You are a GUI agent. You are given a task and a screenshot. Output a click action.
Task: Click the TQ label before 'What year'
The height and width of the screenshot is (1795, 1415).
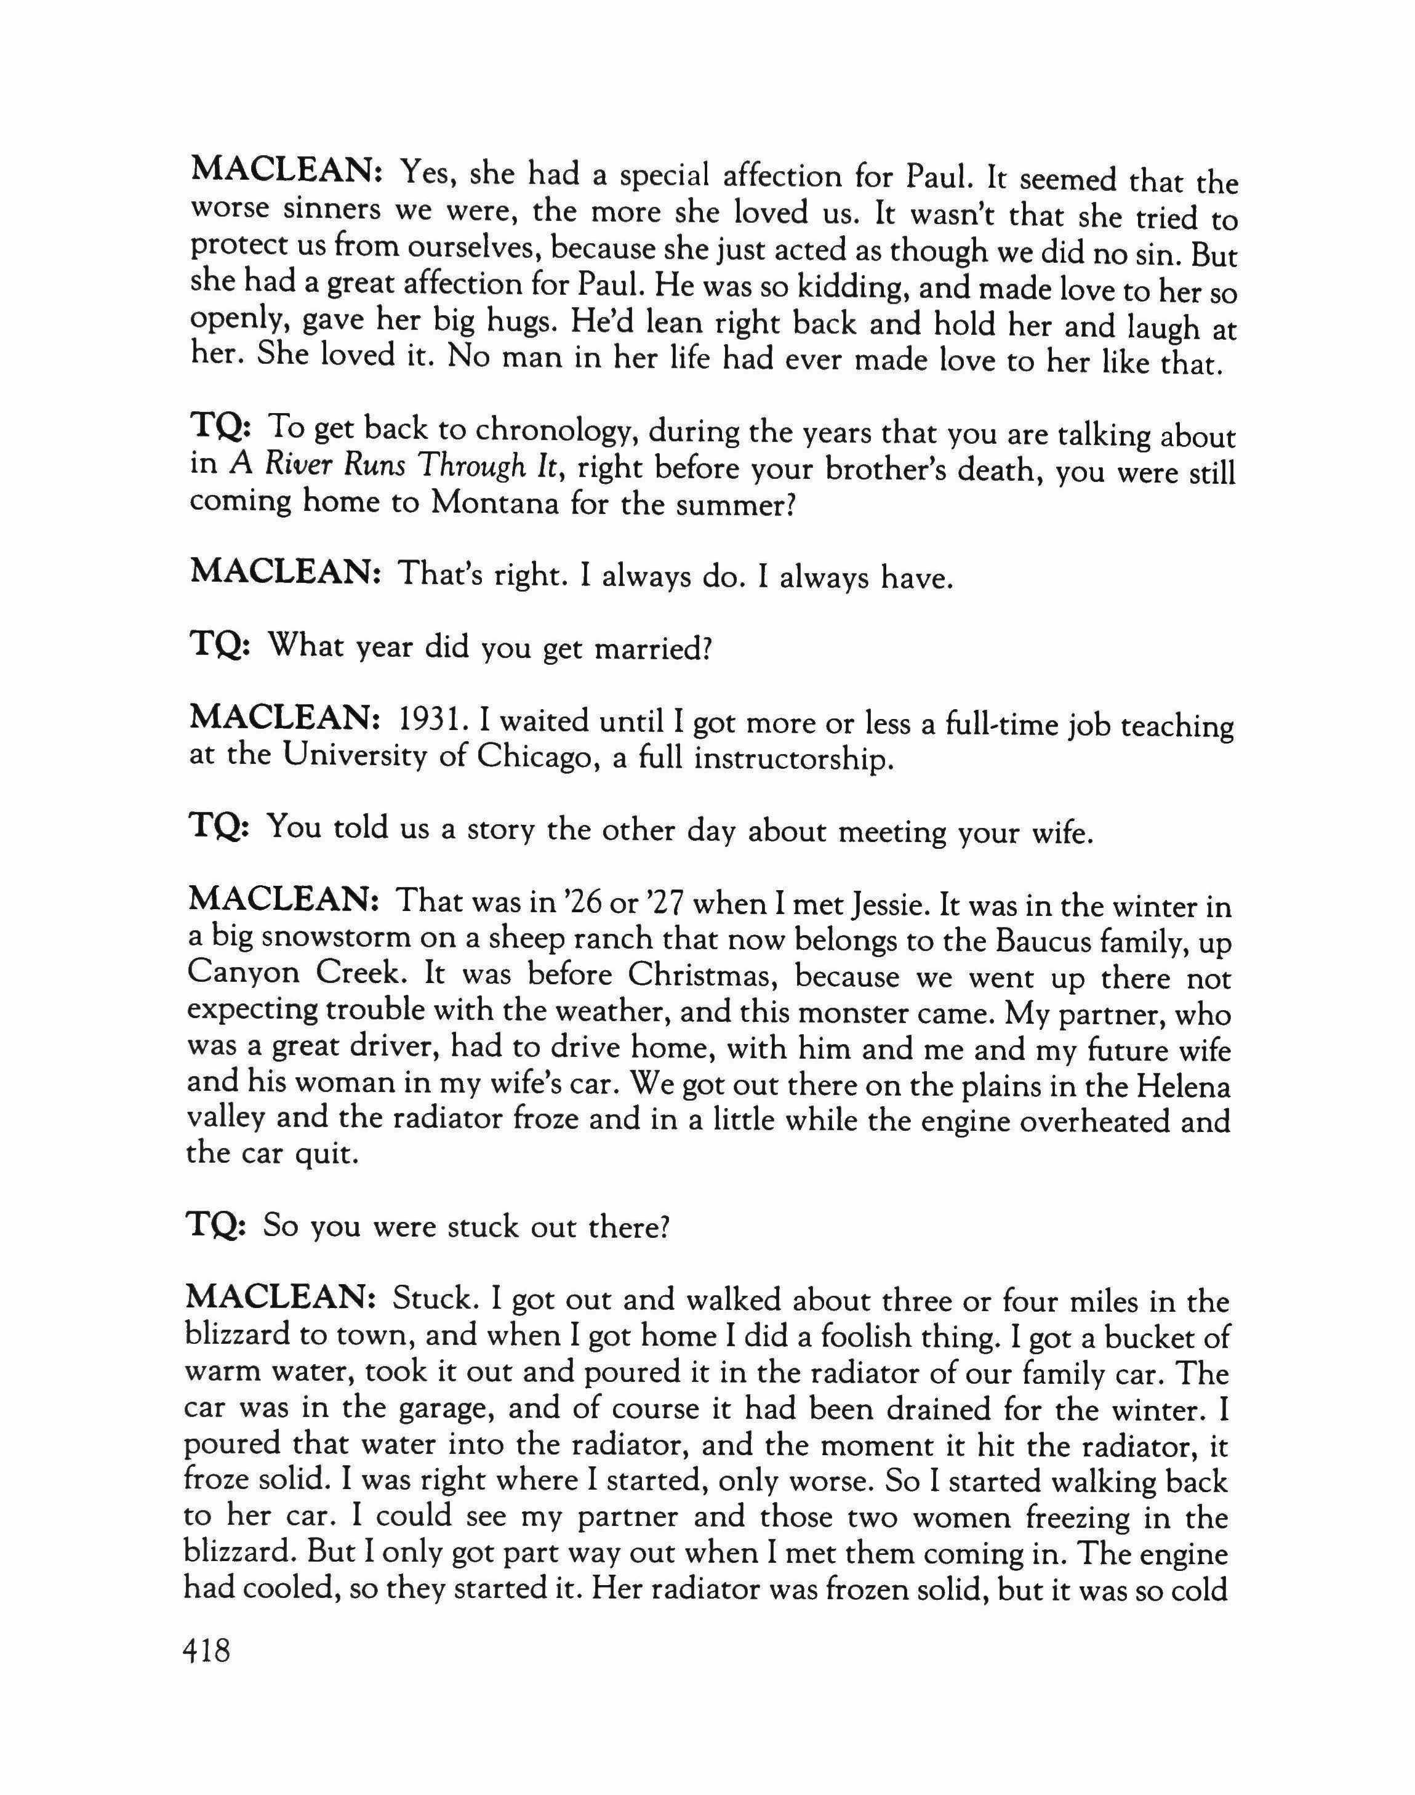click(215, 646)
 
